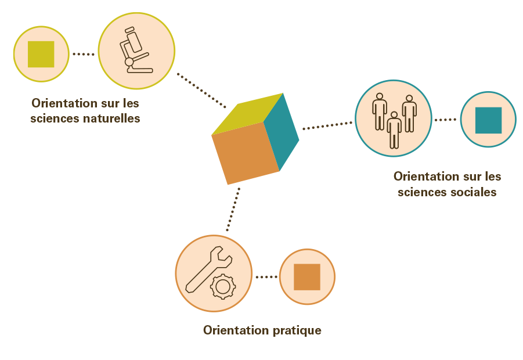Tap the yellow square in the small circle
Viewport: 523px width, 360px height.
[x=41, y=54]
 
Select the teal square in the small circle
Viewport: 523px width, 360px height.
[x=488, y=120]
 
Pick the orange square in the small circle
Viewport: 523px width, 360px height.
[x=307, y=277]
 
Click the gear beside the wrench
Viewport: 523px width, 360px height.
[x=222, y=286]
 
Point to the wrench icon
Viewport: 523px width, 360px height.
[x=204, y=269]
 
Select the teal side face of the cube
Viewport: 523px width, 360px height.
[x=282, y=132]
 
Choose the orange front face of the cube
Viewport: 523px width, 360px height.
[x=245, y=153]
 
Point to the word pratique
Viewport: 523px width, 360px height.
[x=296, y=330]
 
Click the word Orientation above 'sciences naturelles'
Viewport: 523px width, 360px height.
[x=64, y=104]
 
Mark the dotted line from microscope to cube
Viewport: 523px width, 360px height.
[x=201, y=90]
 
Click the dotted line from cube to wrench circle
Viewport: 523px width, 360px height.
[x=233, y=209]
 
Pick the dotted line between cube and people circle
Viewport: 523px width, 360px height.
[x=327, y=125]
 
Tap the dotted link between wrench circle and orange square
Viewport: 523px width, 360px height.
[x=266, y=277]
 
